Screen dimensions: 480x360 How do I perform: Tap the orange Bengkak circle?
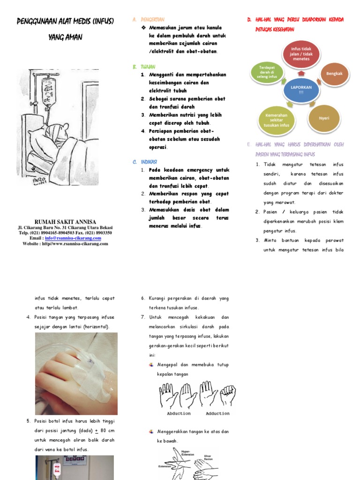click(x=334, y=74)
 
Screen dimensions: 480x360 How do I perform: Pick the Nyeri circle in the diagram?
click(x=324, y=118)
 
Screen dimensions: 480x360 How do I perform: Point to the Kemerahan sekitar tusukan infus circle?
click(x=276, y=120)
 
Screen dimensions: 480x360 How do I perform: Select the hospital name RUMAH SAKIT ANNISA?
click(x=65, y=222)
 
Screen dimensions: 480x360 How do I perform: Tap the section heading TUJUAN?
click(x=148, y=67)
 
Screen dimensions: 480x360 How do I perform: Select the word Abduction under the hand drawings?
click(x=179, y=413)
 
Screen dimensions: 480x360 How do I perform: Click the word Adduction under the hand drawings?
click(x=217, y=413)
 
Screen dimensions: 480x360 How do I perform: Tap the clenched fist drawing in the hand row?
click(x=228, y=395)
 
